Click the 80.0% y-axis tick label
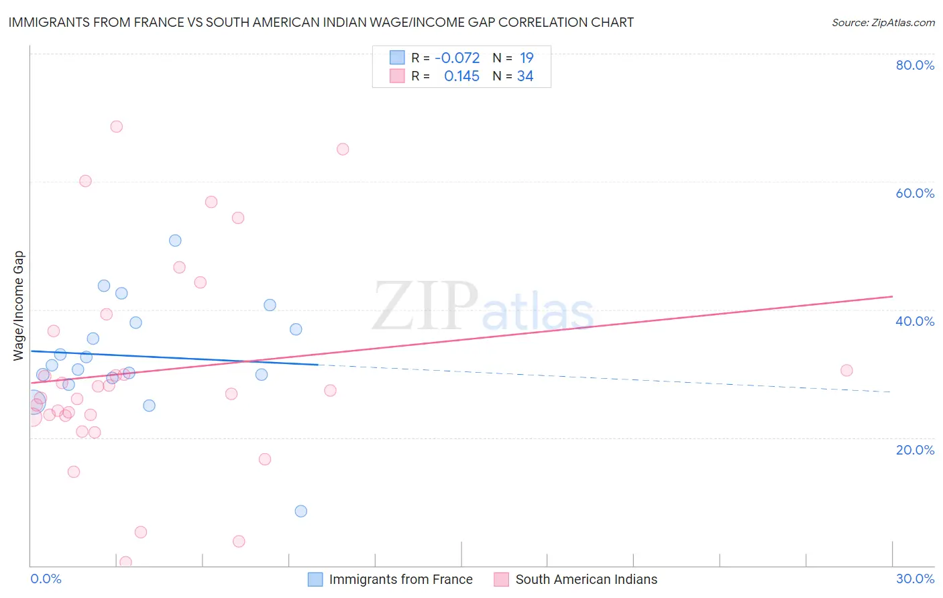point(915,65)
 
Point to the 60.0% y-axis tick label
point(915,193)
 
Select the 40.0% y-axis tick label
point(915,321)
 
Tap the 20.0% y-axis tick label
point(915,450)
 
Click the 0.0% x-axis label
point(46,579)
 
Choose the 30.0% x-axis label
point(915,579)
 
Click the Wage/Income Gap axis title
point(19,306)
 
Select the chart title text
point(321,22)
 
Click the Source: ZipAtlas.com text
point(883,22)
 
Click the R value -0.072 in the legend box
point(457,58)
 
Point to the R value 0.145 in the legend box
point(461,76)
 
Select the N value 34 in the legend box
point(525,76)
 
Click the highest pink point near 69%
point(117,127)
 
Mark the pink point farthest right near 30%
point(846,371)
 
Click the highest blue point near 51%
point(175,241)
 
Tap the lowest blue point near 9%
point(301,511)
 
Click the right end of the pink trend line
point(892,296)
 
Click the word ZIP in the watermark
point(425,307)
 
